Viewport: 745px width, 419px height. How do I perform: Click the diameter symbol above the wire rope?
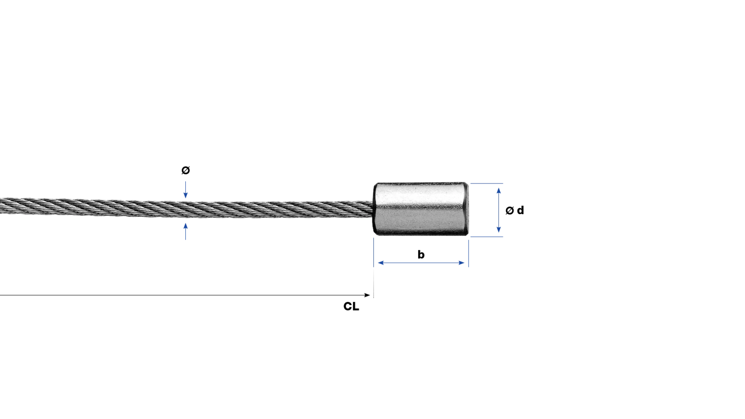click(x=185, y=170)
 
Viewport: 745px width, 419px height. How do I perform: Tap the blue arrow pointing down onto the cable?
click(x=185, y=190)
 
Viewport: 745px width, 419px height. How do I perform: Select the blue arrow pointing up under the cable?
click(x=185, y=231)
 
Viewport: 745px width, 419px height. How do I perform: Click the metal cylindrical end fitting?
click(x=421, y=209)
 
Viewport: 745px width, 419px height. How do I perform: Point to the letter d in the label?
click(x=520, y=210)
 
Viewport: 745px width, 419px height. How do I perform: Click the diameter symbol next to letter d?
click(x=509, y=211)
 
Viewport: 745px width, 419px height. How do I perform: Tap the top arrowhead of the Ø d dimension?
click(x=499, y=190)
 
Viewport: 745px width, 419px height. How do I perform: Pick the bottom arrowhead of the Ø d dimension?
click(x=499, y=230)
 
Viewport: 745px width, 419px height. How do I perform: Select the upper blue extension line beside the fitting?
click(x=487, y=184)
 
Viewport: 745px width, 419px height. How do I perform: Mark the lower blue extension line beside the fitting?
click(x=487, y=237)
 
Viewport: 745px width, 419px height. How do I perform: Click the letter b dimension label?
click(x=421, y=255)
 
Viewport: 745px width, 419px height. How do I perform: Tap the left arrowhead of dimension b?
click(x=381, y=263)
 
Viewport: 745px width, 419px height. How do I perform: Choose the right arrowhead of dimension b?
click(x=462, y=263)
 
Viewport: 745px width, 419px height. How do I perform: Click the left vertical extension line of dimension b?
click(x=374, y=252)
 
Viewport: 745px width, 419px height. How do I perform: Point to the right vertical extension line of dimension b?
click(x=468, y=253)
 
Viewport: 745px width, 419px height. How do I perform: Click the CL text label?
click(x=351, y=306)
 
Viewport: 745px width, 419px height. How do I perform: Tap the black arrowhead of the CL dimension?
click(x=367, y=295)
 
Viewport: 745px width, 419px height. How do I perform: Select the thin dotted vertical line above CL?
click(x=374, y=283)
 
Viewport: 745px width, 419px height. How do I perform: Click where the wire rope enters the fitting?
click(x=373, y=209)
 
